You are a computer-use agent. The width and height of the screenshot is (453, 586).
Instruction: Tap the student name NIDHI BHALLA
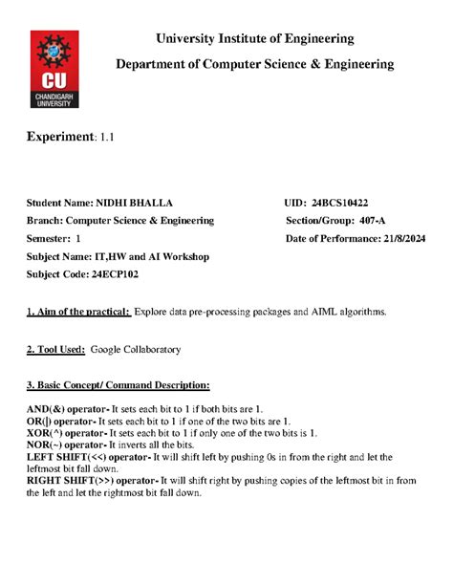147,203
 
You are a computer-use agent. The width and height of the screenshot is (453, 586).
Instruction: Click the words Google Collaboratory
135,350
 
